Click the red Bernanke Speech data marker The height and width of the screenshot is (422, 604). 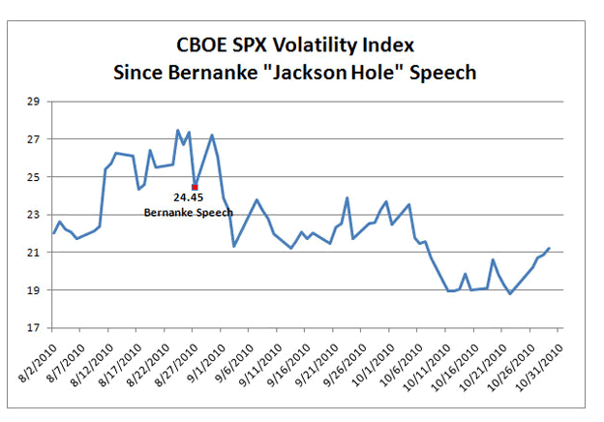(x=195, y=187)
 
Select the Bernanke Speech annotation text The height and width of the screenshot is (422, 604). (x=188, y=212)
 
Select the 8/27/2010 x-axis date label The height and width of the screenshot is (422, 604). (x=177, y=358)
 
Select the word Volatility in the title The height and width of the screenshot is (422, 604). (x=321, y=46)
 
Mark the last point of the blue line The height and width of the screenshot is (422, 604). (x=549, y=249)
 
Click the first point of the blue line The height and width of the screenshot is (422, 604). (x=53, y=233)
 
